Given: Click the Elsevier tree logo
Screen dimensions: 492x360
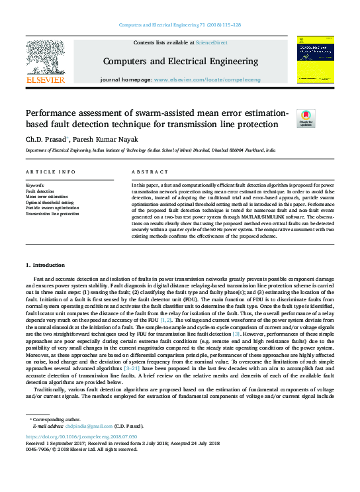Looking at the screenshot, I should [x=45, y=58].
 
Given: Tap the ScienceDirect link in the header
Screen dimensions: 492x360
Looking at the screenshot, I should [x=212, y=43].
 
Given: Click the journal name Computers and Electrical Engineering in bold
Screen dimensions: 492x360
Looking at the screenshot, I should [x=179, y=62].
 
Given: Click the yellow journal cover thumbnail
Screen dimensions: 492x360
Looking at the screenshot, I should [x=314, y=60].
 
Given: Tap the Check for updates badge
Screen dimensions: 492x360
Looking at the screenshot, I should [x=306, y=119].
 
